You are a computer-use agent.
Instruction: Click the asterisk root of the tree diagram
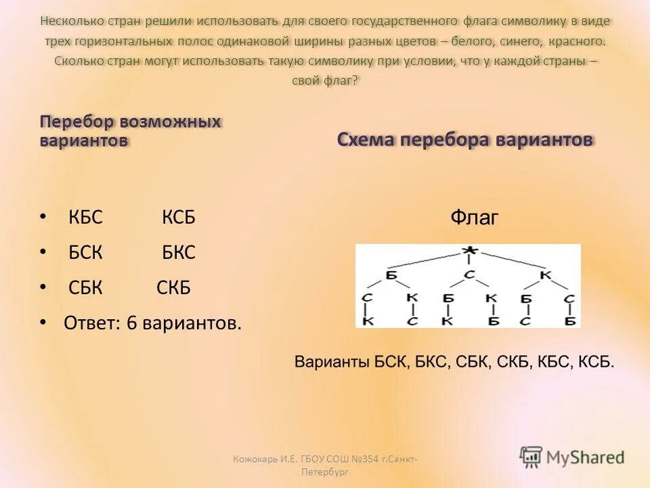tap(468, 251)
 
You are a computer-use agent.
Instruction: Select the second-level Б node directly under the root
tap(391, 274)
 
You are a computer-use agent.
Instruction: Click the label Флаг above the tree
tap(474, 218)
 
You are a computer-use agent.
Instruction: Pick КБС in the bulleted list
tap(85, 218)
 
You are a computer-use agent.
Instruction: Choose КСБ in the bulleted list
tap(179, 218)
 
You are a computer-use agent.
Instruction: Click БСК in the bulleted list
tap(85, 253)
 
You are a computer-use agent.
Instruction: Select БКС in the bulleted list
tap(179, 253)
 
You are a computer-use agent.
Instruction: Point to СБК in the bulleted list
tap(85, 288)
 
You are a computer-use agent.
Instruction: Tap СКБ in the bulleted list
tap(174, 288)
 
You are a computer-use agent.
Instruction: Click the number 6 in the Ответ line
tap(131, 323)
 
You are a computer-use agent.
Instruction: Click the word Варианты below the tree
tap(332, 362)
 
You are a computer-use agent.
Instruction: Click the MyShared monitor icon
tap(532, 457)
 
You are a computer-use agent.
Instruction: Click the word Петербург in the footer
tap(325, 472)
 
